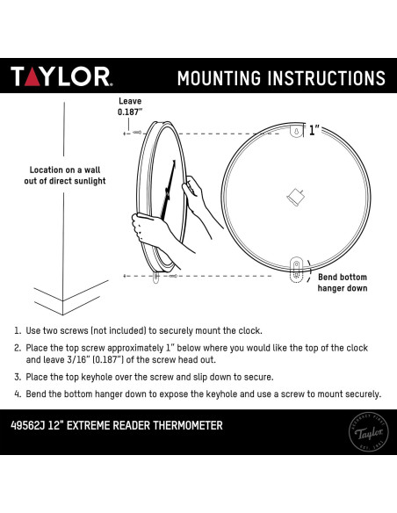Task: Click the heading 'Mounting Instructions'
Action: (280, 77)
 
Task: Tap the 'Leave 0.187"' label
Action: (129, 106)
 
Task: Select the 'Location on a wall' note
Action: (67, 175)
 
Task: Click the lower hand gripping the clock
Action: (147, 230)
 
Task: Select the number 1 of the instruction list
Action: (18, 331)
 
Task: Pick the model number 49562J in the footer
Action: (32, 426)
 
